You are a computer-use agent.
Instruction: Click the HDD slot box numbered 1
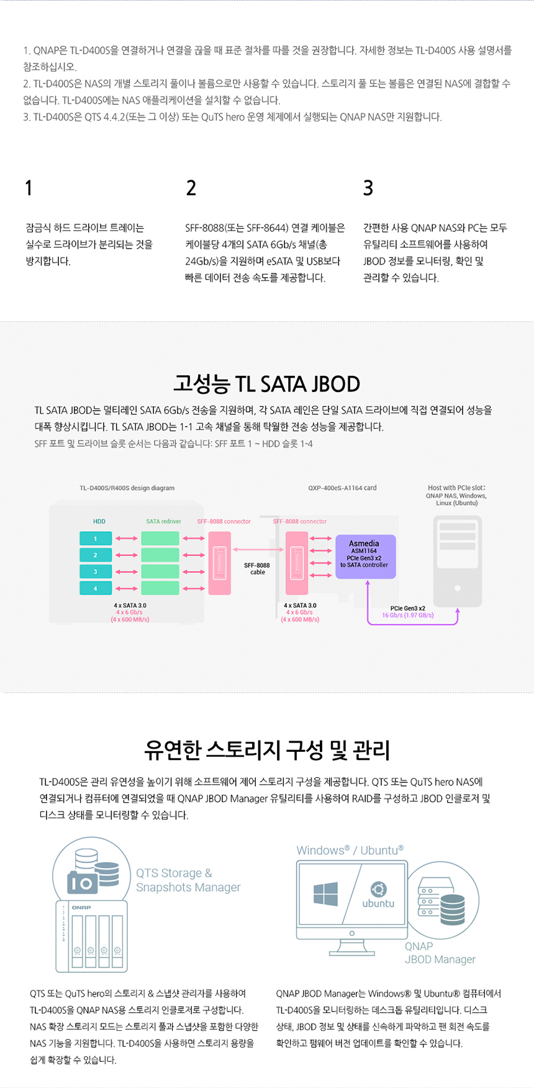click(96, 539)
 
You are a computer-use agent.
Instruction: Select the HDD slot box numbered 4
click(96, 588)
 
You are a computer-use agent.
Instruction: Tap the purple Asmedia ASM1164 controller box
click(365, 556)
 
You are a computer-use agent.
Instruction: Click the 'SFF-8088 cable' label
click(257, 569)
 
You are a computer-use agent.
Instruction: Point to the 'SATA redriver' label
click(163, 521)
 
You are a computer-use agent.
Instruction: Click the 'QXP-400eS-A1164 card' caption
click(342, 488)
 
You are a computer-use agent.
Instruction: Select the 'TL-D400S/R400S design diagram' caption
click(127, 488)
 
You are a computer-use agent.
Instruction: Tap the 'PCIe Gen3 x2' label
click(407, 608)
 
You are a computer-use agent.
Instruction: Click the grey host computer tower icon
click(457, 561)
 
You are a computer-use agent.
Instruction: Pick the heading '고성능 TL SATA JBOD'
click(266, 383)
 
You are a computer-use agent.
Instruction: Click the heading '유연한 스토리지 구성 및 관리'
click(266, 750)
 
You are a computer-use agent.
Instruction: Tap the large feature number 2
click(191, 188)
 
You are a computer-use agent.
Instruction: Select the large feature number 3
click(368, 188)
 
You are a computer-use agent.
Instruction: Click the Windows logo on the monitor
click(326, 894)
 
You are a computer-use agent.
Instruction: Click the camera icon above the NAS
click(82, 882)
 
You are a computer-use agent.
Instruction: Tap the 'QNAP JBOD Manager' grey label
click(440, 953)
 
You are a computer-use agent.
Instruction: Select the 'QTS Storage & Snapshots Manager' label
click(188, 880)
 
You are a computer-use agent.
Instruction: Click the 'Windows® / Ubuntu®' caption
click(350, 850)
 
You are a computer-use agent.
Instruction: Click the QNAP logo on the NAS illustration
click(81, 908)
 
